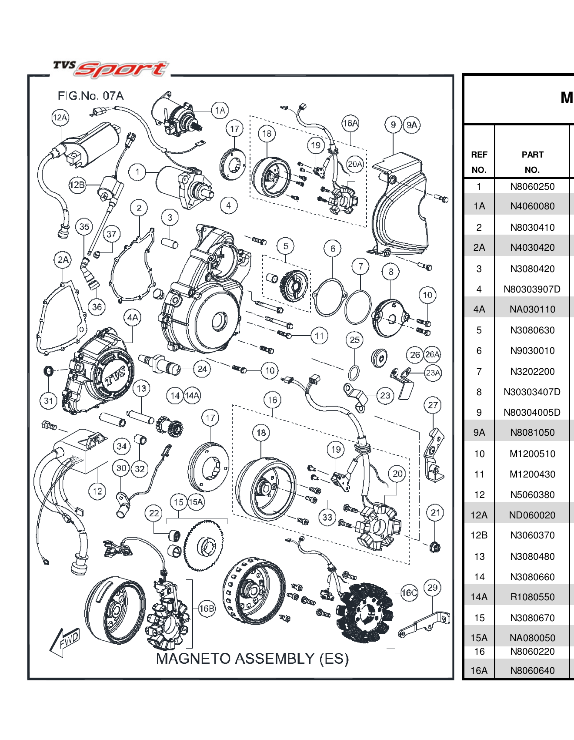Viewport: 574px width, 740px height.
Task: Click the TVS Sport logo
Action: click(111, 69)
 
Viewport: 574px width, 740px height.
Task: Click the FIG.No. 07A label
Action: click(90, 96)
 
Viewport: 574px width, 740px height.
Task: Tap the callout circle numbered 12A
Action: click(60, 118)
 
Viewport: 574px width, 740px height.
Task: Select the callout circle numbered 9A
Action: click(411, 125)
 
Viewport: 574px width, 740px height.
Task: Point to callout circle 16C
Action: click(409, 592)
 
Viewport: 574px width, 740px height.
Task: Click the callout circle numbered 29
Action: click(432, 588)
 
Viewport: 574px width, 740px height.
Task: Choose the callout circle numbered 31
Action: click(48, 401)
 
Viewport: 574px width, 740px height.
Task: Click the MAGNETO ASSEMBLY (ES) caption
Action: click(252, 659)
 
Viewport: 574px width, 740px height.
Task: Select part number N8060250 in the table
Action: click(532, 187)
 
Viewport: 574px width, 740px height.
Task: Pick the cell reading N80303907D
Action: click(532, 289)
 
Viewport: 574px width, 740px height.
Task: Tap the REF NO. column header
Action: click(479, 162)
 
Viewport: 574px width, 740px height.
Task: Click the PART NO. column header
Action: click(532, 162)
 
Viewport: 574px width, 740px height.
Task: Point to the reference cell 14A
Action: click(479, 597)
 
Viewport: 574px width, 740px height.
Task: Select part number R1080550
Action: click(532, 597)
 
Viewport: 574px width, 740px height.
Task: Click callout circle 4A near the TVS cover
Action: click(133, 317)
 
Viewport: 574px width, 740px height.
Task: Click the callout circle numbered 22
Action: click(154, 513)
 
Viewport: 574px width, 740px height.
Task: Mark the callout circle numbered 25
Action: click(355, 340)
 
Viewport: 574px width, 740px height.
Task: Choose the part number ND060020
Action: click(532, 515)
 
